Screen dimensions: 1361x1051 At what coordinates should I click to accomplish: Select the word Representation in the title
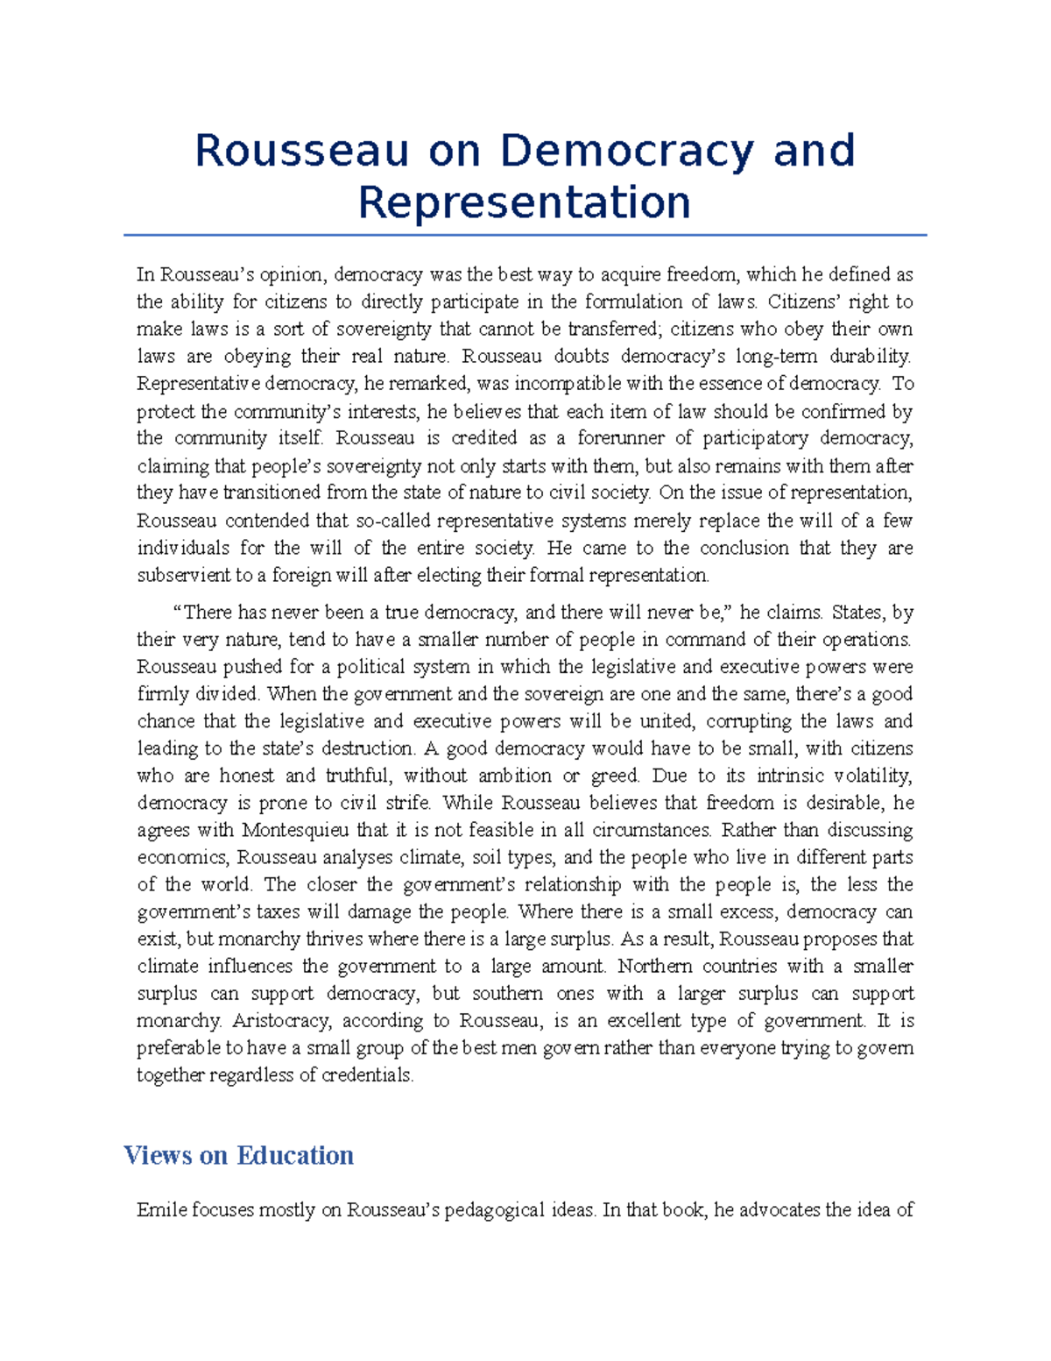[525, 202]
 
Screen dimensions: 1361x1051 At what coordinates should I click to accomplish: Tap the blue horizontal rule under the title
[525, 235]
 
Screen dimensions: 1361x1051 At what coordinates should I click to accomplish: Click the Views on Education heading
[238, 1155]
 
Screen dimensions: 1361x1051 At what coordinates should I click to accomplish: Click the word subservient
[183, 576]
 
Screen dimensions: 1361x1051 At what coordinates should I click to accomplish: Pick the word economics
[181, 857]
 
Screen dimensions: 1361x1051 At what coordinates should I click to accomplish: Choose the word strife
[408, 803]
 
